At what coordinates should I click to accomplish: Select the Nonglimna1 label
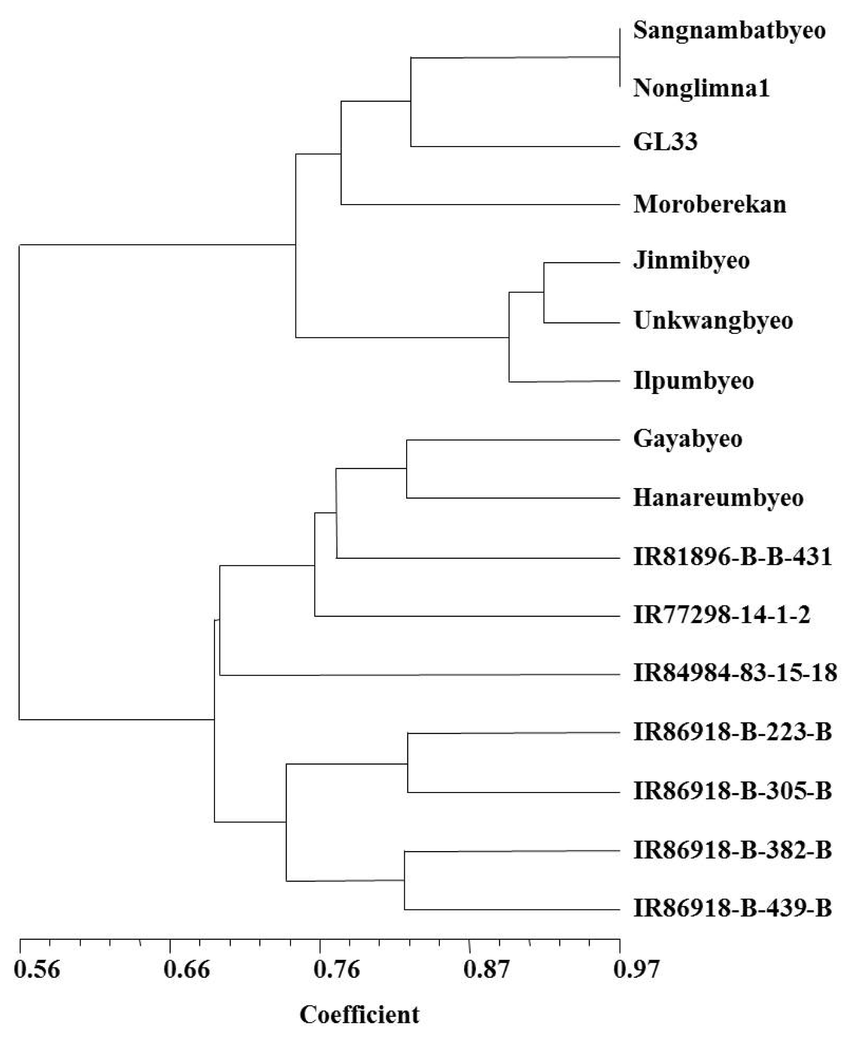pyautogui.click(x=701, y=88)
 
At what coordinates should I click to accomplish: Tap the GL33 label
pyautogui.click(x=665, y=142)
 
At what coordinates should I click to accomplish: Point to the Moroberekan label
pyautogui.click(x=710, y=204)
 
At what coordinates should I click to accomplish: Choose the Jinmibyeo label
pyautogui.click(x=691, y=261)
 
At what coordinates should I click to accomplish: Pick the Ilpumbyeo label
pyautogui.click(x=694, y=381)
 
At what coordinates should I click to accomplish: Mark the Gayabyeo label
pyautogui.click(x=688, y=439)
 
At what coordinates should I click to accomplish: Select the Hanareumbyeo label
pyautogui.click(x=719, y=498)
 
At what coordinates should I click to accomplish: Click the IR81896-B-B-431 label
pyautogui.click(x=733, y=558)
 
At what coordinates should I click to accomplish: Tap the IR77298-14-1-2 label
pyautogui.click(x=722, y=616)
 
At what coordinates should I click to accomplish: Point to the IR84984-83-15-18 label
pyautogui.click(x=735, y=673)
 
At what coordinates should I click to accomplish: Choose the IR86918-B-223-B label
pyautogui.click(x=733, y=733)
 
